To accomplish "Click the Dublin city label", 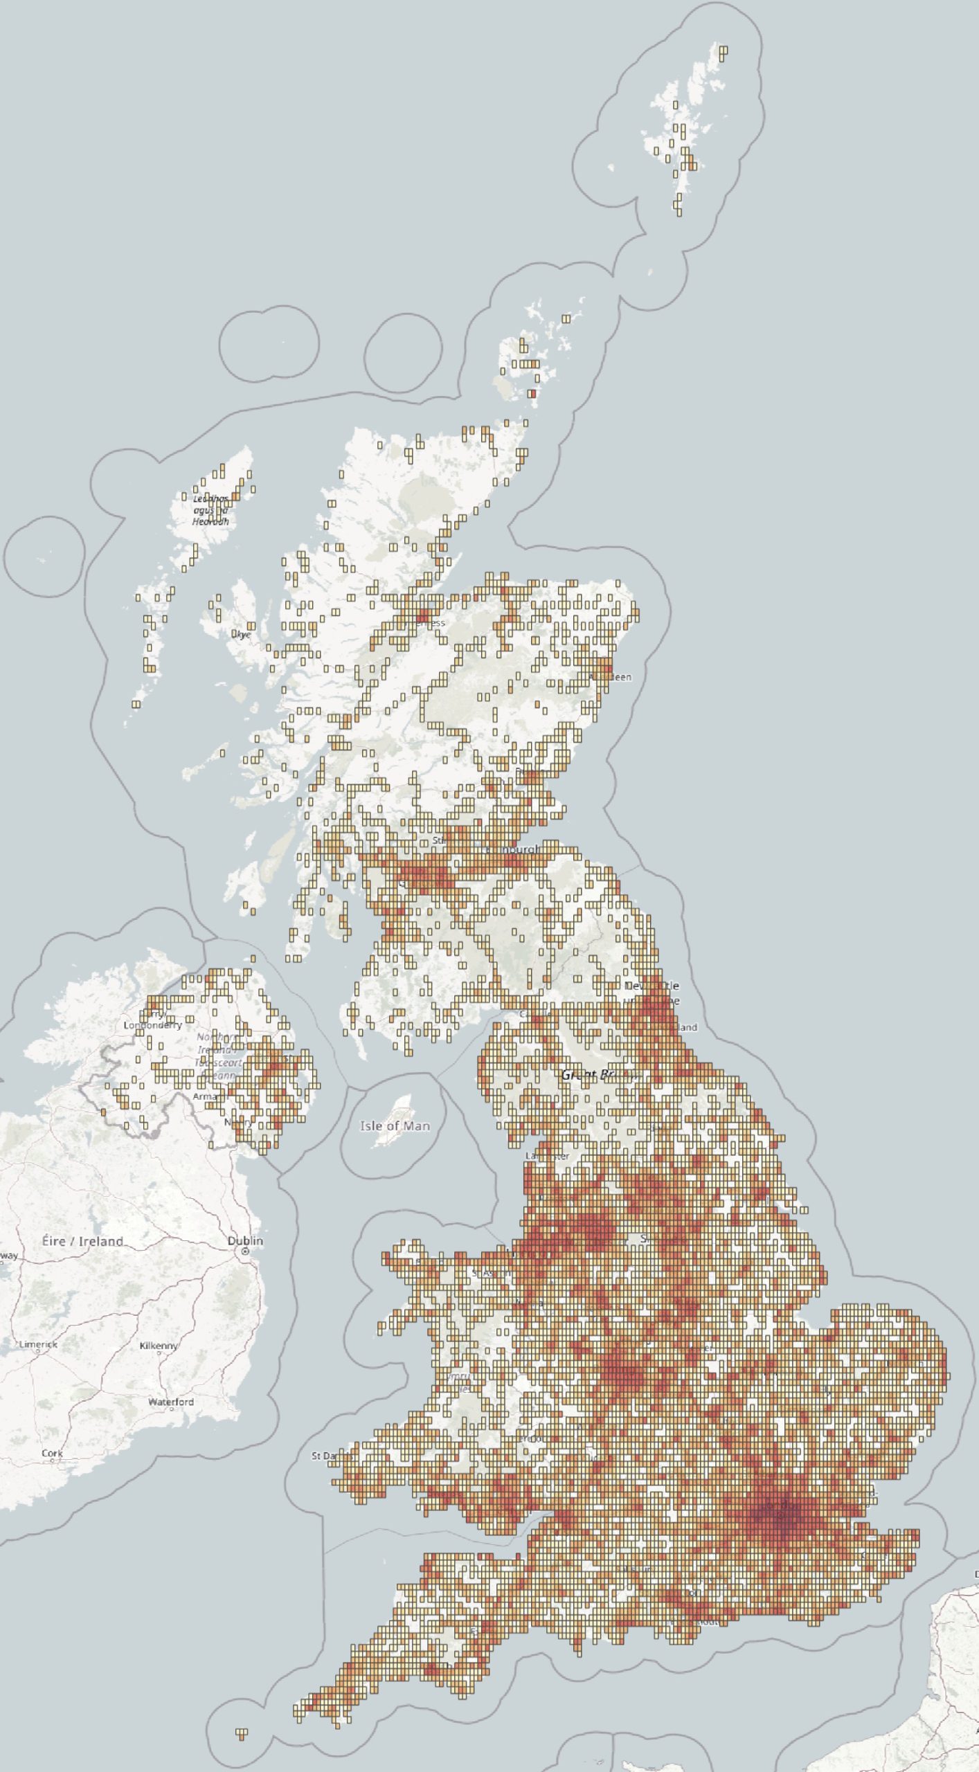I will click(245, 1240).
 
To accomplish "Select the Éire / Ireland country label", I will click(82, 1241).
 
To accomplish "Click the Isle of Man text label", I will click(395, 1126).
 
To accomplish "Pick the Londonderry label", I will click(152, 1025).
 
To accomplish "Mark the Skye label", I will click(241, 634).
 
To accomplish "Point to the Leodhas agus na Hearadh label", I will click(210, 509).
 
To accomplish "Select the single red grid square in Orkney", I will click(532, 394).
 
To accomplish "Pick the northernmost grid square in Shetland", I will click(724, 50).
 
